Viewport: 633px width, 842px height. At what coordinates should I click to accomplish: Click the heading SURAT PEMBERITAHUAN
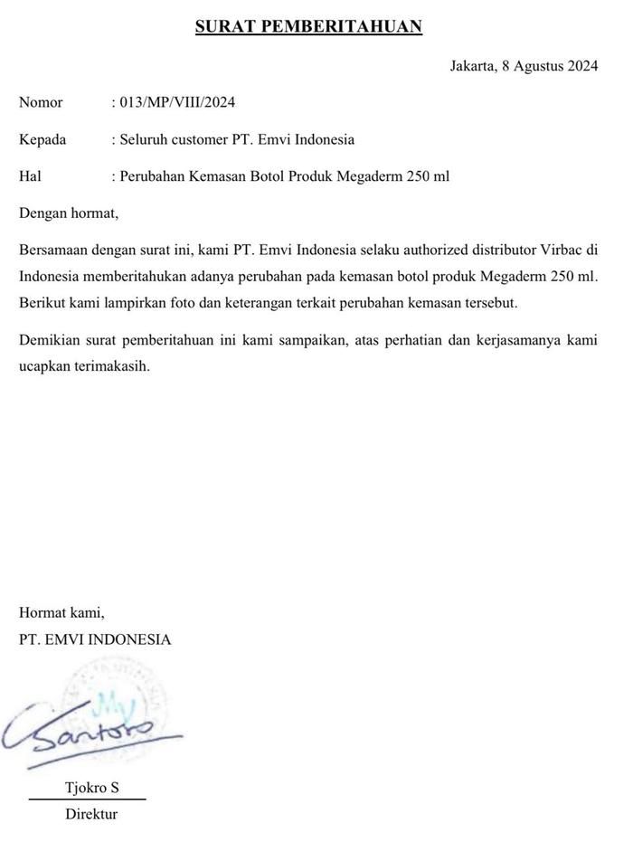(x=308, y=27)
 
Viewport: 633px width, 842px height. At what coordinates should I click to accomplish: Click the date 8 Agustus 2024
(x=551, y=65)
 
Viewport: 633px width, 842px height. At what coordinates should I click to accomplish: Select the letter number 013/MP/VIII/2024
(x=176, y=102)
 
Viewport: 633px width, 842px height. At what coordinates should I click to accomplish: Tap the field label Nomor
(x=41, y=102)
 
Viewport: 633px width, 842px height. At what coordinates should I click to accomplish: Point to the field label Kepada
(x=43, y=139)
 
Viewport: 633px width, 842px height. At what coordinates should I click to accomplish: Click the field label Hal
(x=30, y=176)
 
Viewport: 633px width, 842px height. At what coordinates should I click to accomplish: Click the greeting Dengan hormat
(x=69, y=214)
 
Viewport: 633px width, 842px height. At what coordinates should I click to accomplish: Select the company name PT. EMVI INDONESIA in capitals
(x=95, y=639)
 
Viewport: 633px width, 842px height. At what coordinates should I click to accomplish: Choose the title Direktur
(x=91, y=814)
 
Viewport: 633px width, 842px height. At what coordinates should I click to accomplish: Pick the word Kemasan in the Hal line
(x=223, y=176)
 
